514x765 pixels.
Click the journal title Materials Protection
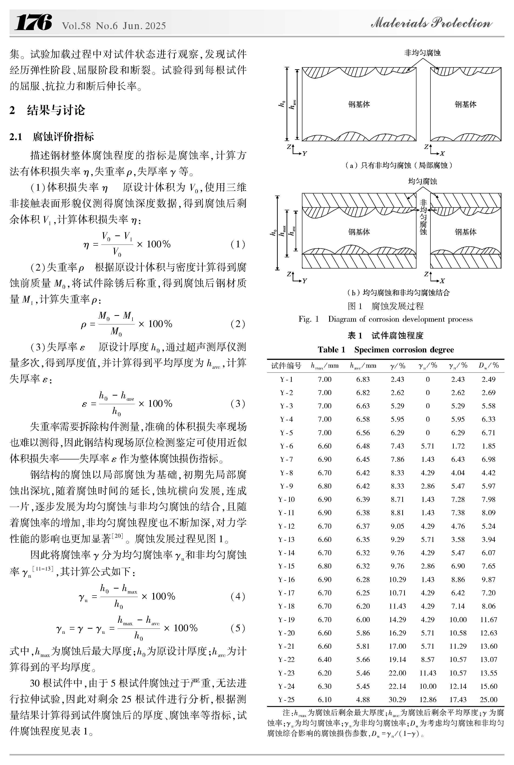tap(431, 23)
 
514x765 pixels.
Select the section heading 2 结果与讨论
tap(47, 110)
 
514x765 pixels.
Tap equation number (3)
tap(238, 403)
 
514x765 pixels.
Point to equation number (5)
tap(238, 628)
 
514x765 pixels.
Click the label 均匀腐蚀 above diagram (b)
tap(422, 181)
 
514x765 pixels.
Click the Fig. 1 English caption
tap(385, 319)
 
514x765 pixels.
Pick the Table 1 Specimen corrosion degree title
tap(385, 349)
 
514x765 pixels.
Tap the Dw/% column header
tap(488, 365)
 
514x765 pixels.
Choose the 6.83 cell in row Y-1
tap(363, 379)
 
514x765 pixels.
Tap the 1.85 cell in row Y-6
tap(488, 446)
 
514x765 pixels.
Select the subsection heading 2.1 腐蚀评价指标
tap(52, 137)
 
